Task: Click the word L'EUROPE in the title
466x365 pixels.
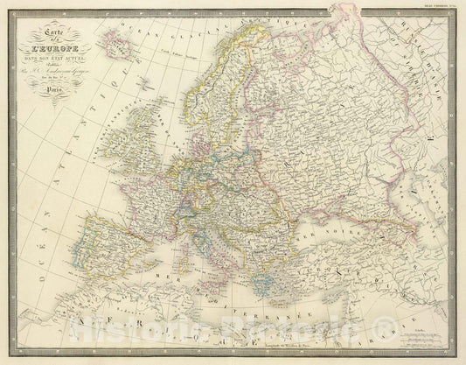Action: (54, 46)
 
